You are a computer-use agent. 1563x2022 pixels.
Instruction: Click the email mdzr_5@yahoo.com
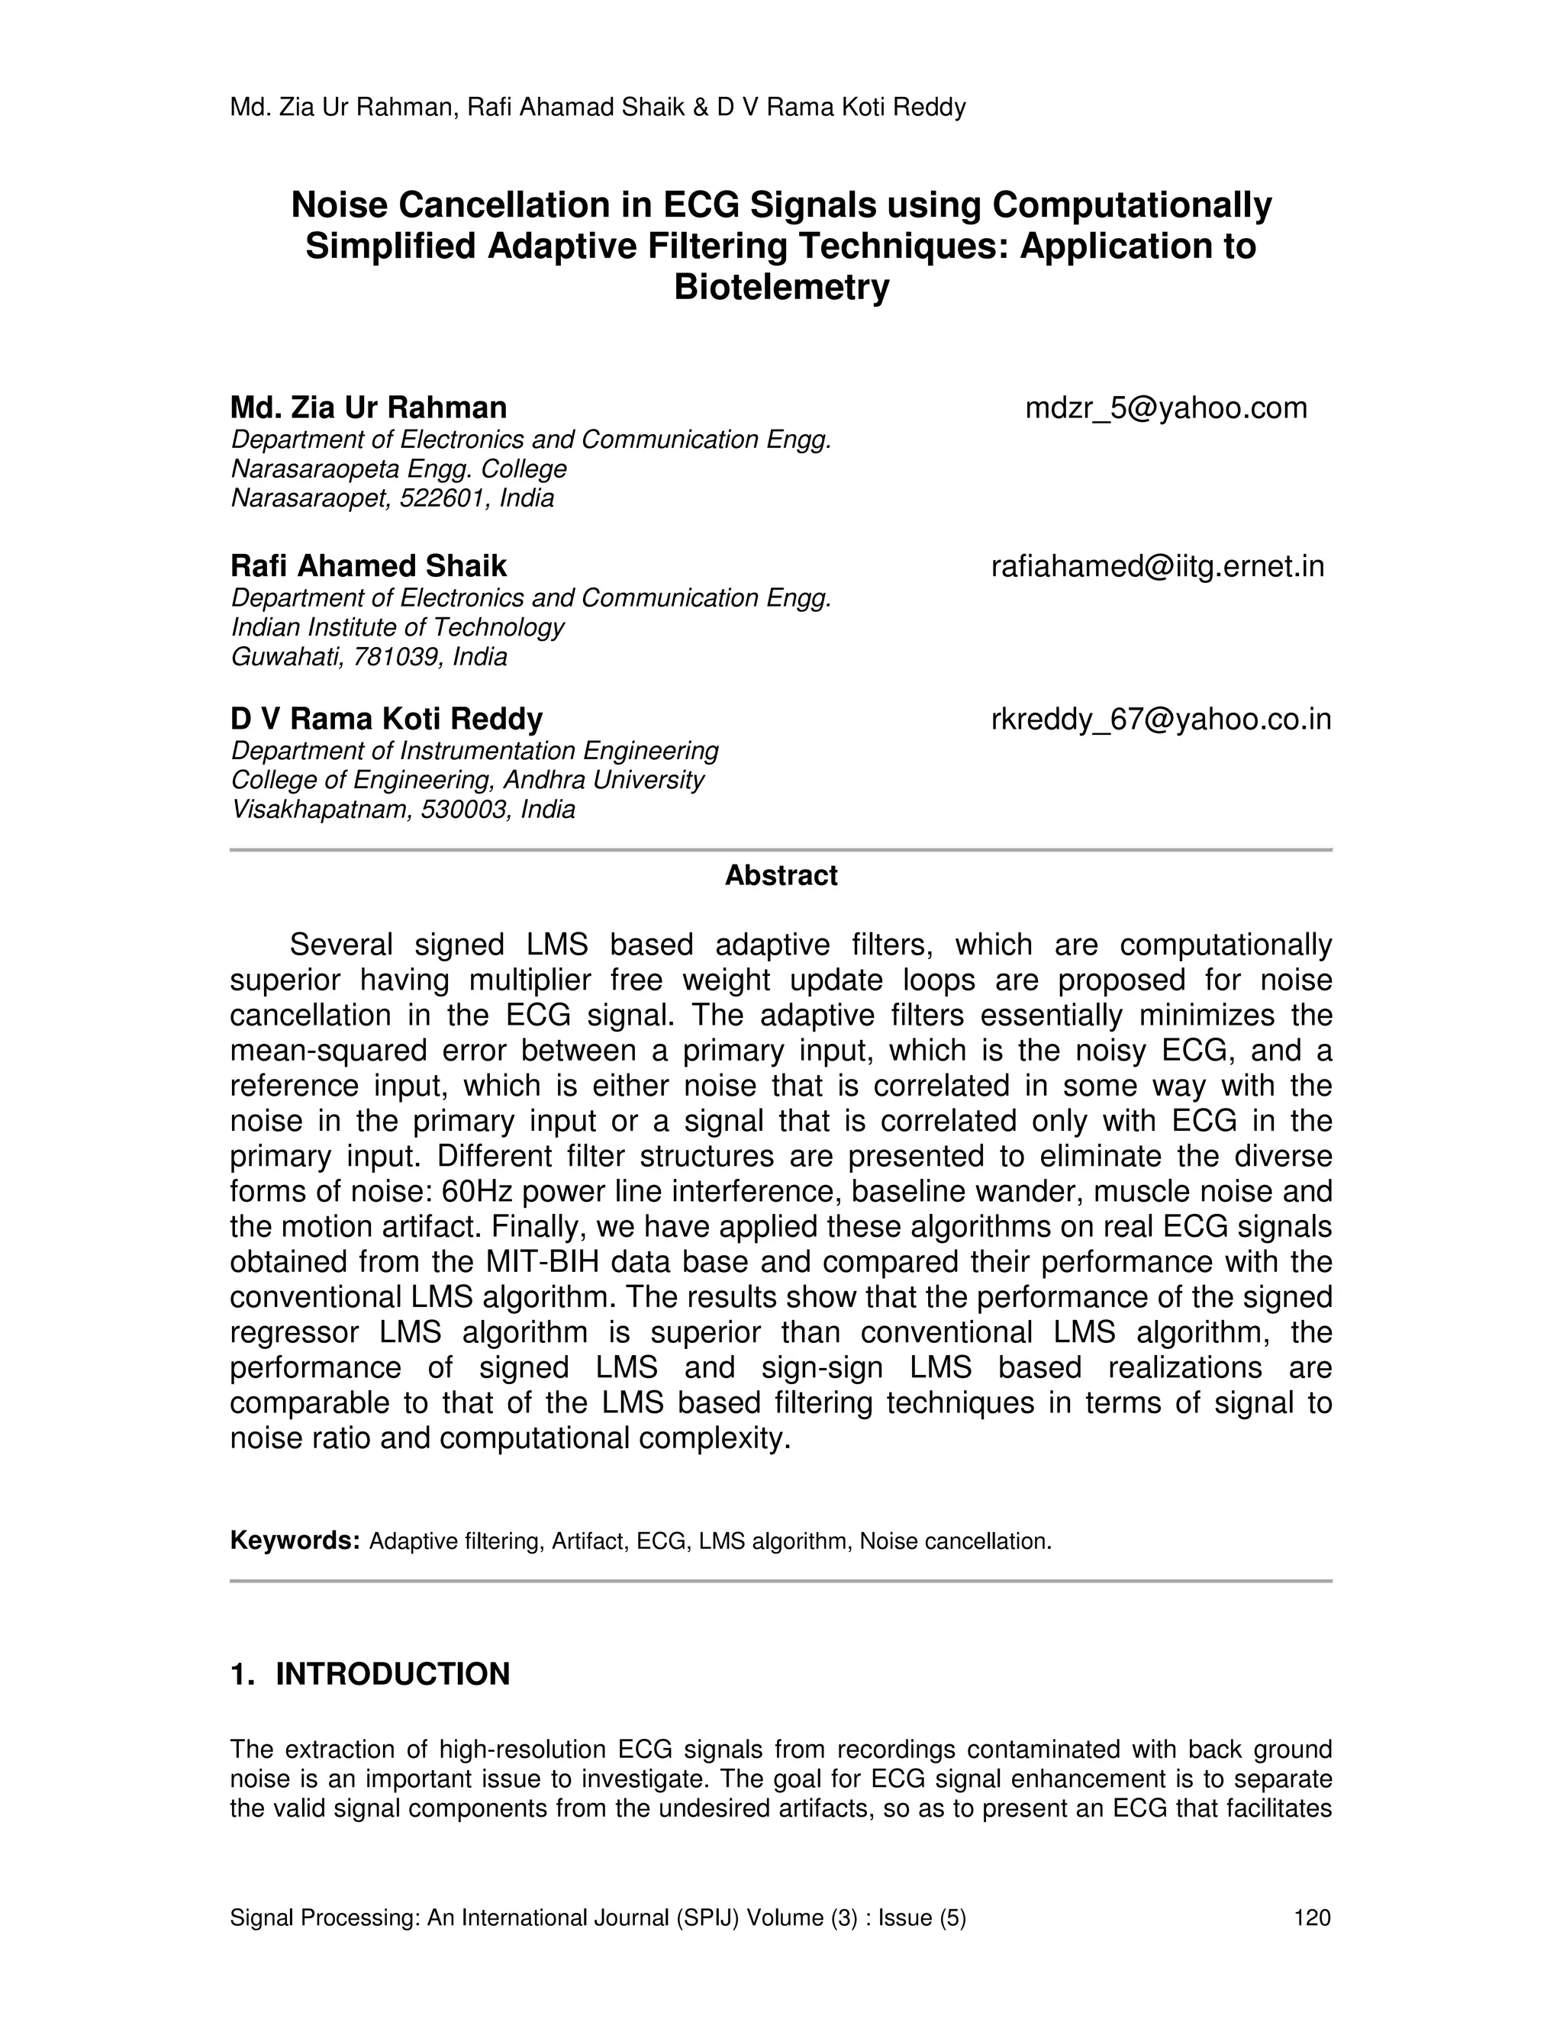(x=1166, y=408)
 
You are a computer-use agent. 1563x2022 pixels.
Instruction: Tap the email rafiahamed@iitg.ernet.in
(x=1158, y=567)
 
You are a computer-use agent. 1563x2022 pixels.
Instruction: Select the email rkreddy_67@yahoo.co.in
(x=1161, y=720)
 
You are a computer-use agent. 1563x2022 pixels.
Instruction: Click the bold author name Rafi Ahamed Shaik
(x=369, y=567)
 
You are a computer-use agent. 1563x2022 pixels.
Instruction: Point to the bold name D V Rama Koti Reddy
(x=386, y=720)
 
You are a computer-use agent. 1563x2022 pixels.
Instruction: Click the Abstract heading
(x=781, y=876)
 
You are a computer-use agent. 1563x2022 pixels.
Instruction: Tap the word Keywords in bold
(x=295, y=1541)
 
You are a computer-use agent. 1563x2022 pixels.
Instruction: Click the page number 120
(x=1312, y=1918)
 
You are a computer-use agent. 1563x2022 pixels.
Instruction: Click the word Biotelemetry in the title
(x=781, y=288)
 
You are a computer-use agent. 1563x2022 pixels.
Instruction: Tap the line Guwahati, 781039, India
(x=369, y=657)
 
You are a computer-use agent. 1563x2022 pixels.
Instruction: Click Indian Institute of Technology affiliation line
(x=397, y=628)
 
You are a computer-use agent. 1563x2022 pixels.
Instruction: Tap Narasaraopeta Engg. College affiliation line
(x=398, y=469)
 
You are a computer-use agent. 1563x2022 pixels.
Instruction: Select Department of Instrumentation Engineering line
(x=475, y=751)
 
